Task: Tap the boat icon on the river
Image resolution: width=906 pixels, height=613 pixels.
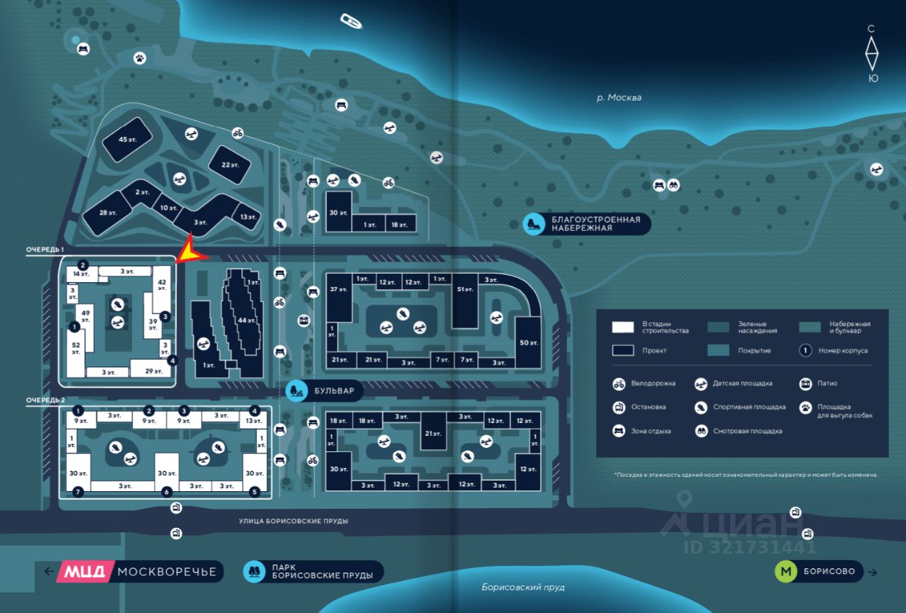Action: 351,21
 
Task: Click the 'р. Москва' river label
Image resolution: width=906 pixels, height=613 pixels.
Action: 619,98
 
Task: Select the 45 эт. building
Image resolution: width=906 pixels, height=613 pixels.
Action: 127,140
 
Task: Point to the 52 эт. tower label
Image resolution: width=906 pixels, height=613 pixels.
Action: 76,348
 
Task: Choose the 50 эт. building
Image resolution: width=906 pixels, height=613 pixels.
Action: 529,343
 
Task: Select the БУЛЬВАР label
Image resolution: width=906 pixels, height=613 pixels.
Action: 336,390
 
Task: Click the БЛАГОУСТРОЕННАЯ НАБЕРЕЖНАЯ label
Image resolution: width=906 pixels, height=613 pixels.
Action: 595,224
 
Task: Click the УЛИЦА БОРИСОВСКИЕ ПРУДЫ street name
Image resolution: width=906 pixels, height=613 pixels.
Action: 293,521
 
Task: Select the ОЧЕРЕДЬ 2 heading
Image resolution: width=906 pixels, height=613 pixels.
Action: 45,400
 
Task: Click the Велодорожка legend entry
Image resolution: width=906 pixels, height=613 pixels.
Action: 644,383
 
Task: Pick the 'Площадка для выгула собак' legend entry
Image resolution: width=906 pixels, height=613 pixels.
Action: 835,411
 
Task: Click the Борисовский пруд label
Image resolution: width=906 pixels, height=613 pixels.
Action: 523,587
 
